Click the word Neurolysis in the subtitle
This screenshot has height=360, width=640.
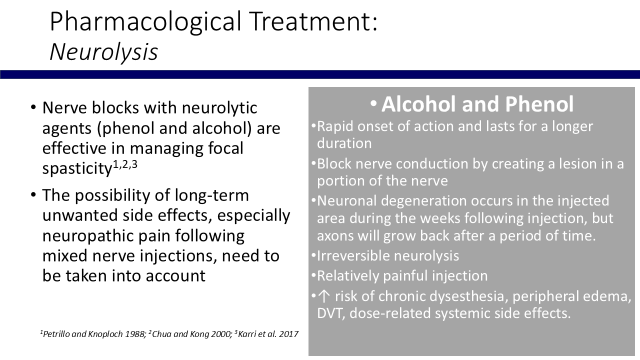click(103, 52)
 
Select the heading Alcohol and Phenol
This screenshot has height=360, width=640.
click(477, 104)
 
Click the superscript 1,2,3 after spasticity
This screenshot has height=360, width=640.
click(125, 164)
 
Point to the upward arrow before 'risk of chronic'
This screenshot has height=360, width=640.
click(323, 296)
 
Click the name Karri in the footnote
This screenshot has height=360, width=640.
click(247, 334)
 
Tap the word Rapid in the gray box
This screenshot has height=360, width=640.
click(335, 126)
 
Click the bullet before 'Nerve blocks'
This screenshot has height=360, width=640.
click(33, 108)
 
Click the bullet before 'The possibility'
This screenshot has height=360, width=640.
click(33, 195)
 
